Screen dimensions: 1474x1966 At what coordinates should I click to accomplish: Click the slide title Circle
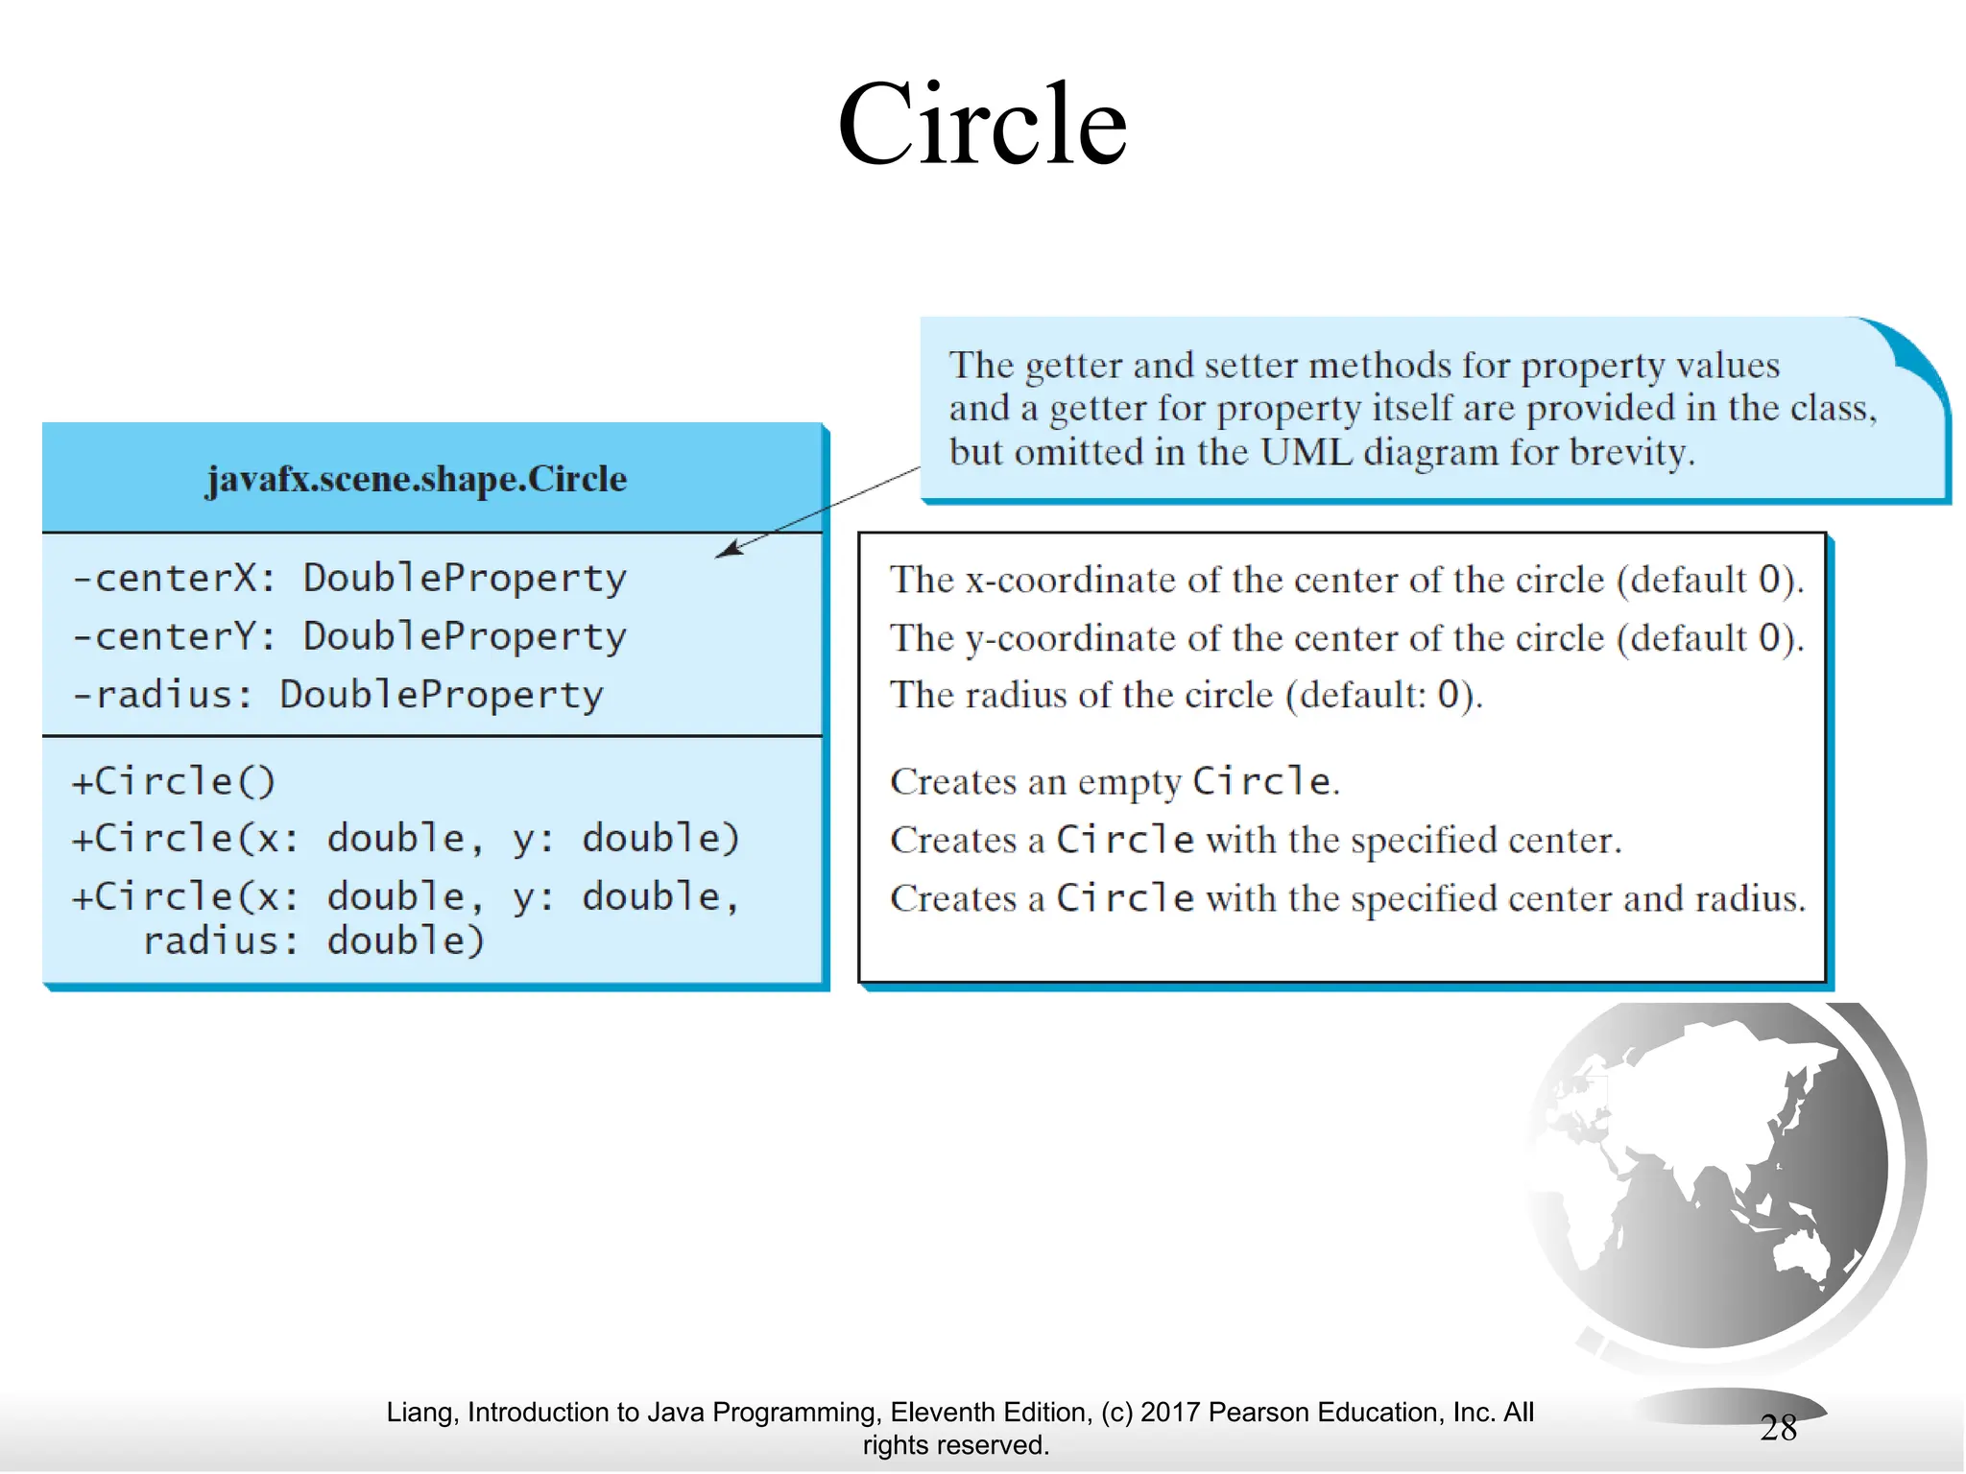point(982,125)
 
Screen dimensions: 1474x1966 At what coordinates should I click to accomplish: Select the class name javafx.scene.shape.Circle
point(417,479)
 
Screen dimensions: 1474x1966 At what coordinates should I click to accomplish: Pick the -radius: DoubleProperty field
point(338,695)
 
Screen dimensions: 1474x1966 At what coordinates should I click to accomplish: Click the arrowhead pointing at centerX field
point(730,549)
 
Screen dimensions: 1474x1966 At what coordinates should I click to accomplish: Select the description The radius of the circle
point(1186,695)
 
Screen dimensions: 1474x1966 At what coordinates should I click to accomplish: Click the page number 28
point(1778,1428)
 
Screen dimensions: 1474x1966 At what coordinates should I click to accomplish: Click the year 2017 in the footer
point(1170,1413)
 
